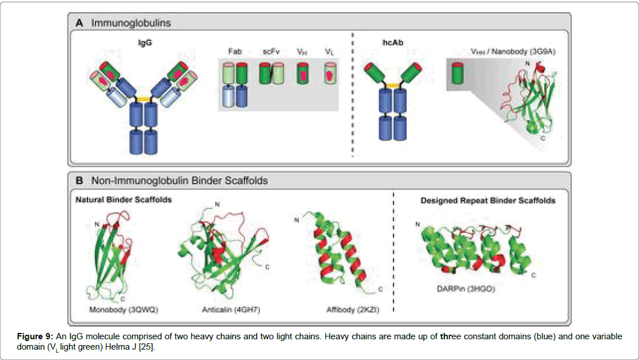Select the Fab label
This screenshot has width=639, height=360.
click(234, 51)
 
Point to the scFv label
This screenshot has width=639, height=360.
click(271, 51)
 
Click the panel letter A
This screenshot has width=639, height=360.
click(79, 24)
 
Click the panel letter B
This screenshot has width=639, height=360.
click(79, 181)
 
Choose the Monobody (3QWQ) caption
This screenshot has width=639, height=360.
click(123, 309)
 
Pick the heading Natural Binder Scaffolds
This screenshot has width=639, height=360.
click(124, 200)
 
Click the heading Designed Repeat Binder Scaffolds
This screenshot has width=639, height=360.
click(488, 200)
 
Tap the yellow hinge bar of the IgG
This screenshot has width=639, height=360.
click(143, 99)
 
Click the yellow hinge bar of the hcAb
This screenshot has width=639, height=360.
click(393, 85)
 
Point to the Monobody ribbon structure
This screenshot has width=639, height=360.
click(109, 253)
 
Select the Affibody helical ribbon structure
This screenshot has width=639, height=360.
click(339, 253)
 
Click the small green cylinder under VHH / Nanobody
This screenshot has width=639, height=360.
click(457, 74)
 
